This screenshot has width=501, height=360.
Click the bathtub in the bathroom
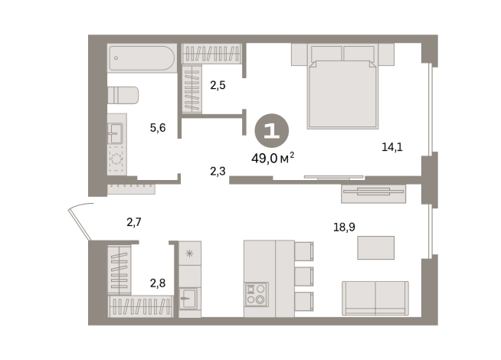tap(142, 58)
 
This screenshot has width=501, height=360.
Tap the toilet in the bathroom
tap(123, 95)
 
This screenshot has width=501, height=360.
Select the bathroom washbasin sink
tap(115, 133)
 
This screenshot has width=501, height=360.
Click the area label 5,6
tap(158, 128)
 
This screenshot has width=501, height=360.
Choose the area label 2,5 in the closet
tap(218, 85)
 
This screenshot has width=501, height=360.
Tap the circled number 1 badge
tap(272, 131)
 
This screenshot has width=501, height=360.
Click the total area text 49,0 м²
tap(273, 158)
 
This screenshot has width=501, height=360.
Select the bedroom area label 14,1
tap(392, 147)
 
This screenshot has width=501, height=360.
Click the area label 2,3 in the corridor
tap(218, 172)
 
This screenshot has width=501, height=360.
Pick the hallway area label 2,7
tap(134, 222)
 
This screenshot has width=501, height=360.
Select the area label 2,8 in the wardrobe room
tap(158, 283)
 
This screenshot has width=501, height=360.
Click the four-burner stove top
tap(257, 294)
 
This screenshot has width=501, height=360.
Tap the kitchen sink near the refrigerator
tap(189, 299)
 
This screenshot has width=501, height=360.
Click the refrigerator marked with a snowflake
tap(190, 254)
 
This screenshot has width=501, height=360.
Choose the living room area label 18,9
tap(344, 227)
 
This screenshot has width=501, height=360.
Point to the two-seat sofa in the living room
tap(375, 299)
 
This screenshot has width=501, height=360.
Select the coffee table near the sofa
tap(375, 247)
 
